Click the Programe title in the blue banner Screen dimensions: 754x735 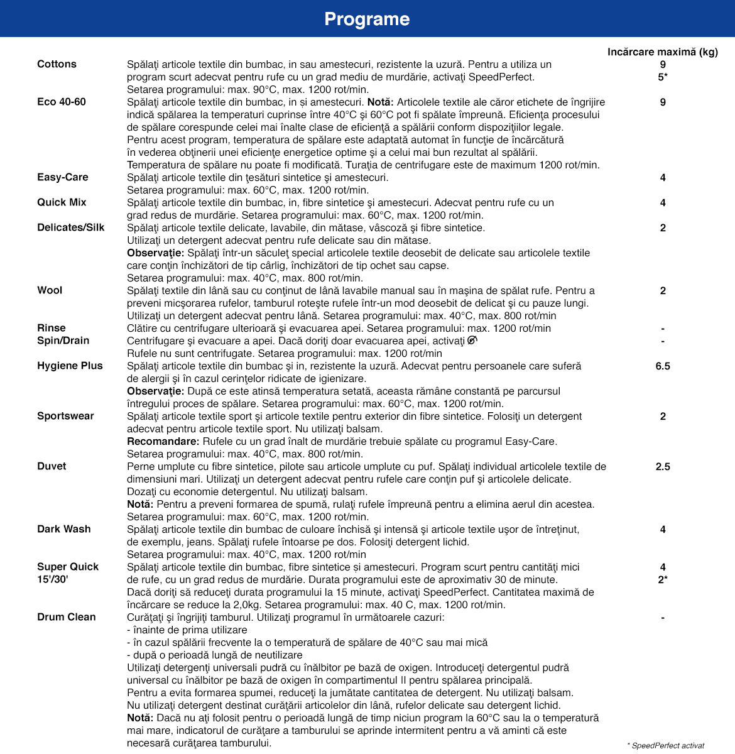click(367, 19)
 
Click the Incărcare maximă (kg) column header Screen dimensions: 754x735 click(662, 52)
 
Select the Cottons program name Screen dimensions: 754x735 click(57, 64)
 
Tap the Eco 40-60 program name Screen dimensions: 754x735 click(62, 102)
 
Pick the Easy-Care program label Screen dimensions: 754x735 click(63, 177)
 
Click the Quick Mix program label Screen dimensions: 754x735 click(62, 202)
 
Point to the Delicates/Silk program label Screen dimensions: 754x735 click(71, 227)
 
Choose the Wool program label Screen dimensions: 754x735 click(50, 290)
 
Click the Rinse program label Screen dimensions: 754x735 click(52, 328)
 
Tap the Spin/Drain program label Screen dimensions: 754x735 click(63, 341)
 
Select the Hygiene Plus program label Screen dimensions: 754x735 click(70, 366)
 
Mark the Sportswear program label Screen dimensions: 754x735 click(65, 416)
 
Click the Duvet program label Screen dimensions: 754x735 click(52, 466)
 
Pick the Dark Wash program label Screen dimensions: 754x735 click(64, 529)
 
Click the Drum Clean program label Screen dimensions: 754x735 click(67, 617)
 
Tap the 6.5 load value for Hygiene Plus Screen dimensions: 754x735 click(663, 366)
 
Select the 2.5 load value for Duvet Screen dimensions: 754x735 click(663, 466)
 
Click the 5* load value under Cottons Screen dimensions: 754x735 click(663, 77)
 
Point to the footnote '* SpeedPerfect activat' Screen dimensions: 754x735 click(666, 745)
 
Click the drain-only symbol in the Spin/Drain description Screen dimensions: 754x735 click(472, 340)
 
